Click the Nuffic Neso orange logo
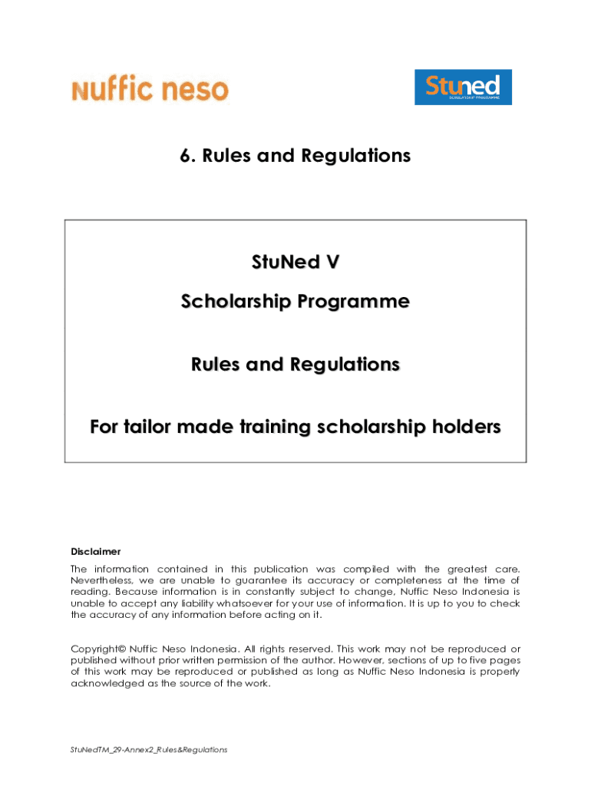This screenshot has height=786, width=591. [150, 89]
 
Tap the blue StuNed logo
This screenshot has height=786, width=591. [463, 88]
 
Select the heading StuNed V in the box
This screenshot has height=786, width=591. [295, 263]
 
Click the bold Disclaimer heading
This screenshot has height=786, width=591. [96, 551]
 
